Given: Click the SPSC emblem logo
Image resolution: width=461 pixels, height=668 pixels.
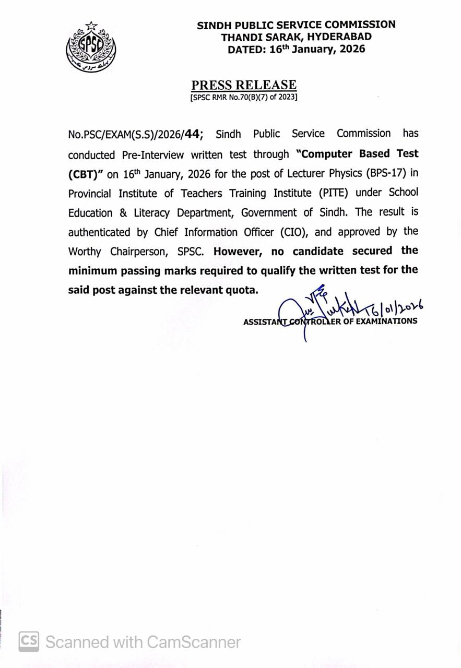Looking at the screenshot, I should coord(91,47).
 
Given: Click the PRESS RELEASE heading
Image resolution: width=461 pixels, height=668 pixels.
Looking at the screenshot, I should coord(244,85).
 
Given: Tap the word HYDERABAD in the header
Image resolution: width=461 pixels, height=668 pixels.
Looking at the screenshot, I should coord(339,37).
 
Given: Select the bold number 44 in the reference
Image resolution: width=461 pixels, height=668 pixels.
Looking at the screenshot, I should coord(192,134).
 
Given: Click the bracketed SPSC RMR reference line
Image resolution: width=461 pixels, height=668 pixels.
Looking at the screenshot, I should coord(244,97).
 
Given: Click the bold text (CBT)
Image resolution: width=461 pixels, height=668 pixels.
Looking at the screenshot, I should coord(86,174).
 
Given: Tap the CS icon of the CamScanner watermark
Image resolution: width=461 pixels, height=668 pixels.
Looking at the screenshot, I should coord(29,641).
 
